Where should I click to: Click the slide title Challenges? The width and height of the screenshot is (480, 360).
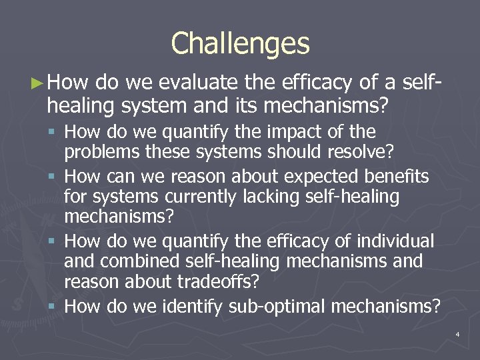point(240,44)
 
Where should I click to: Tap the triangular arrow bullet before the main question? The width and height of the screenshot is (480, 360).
point(38,83)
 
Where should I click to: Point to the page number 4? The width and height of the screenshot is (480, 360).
point(458,333)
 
